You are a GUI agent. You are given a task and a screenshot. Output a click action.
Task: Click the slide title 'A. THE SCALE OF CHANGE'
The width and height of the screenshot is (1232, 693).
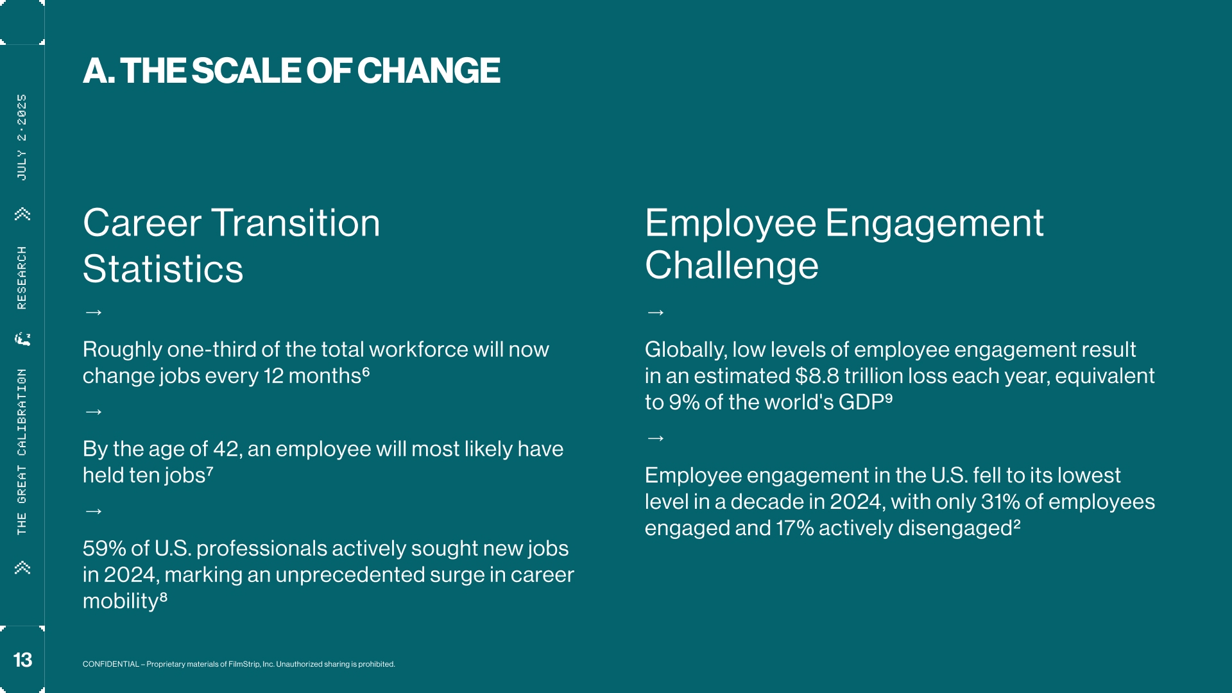click(x=291, y=71)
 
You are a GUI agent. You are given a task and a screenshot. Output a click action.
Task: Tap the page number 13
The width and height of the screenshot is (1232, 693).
click(x=22, y=660)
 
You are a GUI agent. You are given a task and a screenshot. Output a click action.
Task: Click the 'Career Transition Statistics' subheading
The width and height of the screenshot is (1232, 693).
click(x=232, y=246)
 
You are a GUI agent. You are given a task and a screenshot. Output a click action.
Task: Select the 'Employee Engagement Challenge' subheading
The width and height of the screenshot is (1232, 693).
click(x=844, y=244)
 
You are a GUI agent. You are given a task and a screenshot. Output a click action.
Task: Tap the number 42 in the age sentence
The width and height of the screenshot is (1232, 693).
click(x=226, y=449)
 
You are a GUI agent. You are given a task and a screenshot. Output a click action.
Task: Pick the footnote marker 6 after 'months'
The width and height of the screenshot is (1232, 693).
click(x=366, y=371)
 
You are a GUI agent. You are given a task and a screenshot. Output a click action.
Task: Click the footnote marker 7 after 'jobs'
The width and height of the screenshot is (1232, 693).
click(x=210, y=470)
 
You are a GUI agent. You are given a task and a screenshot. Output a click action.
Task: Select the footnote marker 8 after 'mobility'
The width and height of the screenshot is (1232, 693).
click(x=164, y=596)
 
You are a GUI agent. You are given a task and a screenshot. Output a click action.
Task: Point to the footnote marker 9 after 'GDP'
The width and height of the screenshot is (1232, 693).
click(x=889, y=397)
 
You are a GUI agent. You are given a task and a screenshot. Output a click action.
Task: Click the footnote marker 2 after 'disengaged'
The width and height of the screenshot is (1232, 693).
click(x=1016, y=523)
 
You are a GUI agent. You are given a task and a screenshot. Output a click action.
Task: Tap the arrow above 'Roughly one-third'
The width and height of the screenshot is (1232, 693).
click(x=94, y=312)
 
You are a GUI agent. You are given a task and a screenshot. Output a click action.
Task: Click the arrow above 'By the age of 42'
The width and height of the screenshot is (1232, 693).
click(x=94, y=411)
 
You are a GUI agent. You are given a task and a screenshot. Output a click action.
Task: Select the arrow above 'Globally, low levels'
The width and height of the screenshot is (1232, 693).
click(x=656, y=312)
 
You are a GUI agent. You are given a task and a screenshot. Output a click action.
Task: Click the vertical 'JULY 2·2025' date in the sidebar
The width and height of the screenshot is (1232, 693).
click(x=22, y=137)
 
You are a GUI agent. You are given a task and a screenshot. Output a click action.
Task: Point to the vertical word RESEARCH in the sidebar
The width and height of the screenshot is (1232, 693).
click(x=22, y=278)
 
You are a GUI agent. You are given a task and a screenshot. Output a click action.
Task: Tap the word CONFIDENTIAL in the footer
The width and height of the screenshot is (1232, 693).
click(x=111, y=664)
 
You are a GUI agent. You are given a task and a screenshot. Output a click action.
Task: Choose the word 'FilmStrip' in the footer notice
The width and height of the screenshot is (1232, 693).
click(x=244, y=664)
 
